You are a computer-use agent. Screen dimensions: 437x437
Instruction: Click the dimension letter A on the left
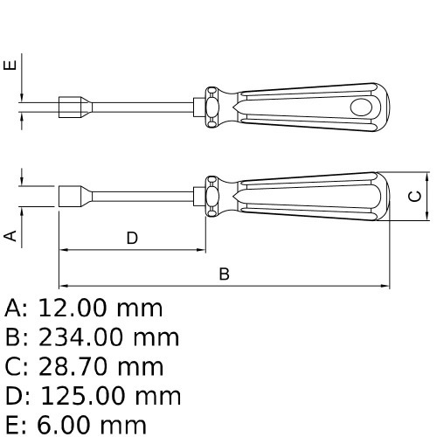click(10, 234)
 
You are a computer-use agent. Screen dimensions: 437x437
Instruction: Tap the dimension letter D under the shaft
click(132, 238)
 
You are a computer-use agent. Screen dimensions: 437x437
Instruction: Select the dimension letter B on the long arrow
click(224, 274)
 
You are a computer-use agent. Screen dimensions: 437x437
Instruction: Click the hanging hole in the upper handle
click(361, 106)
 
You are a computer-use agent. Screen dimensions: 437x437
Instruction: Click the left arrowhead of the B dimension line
click(63, 286)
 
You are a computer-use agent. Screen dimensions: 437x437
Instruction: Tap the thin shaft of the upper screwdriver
click(140, 106)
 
